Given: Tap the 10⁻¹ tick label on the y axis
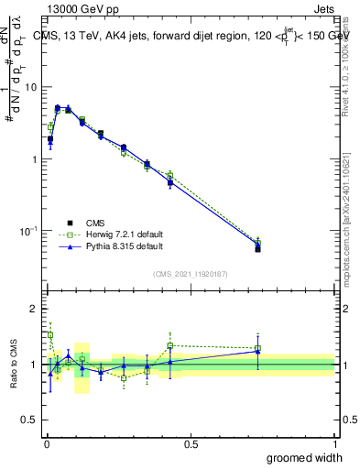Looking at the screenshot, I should [x=29, y=231].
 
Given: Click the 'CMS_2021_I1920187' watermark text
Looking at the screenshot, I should [x=191, y=274].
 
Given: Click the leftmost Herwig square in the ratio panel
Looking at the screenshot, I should [x=50, y=335].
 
